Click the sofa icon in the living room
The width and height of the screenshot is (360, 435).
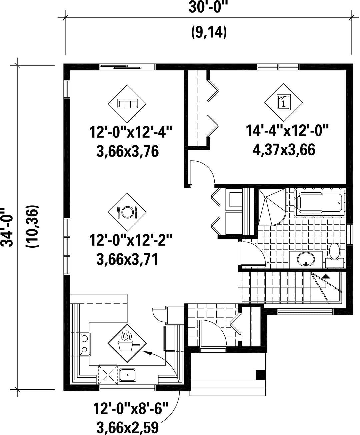[127, 104]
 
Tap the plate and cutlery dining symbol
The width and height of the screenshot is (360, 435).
[127, 212]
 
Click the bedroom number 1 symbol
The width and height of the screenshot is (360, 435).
[284, 102]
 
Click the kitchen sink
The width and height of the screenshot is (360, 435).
[127, 375]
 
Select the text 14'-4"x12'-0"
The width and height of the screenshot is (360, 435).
[287, 131]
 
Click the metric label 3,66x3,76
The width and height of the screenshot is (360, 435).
[127, 151]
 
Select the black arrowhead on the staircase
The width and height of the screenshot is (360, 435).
[326, 276]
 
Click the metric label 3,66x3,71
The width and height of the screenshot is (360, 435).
[127, 260]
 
